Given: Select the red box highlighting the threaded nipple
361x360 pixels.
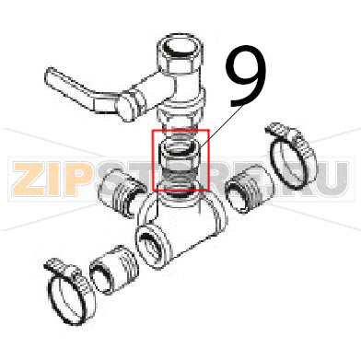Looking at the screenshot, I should point(181,159).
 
